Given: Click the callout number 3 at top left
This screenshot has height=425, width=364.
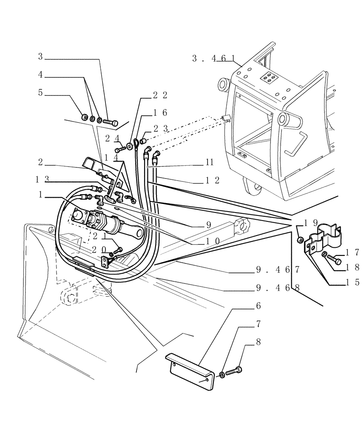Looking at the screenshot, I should click(41, 56).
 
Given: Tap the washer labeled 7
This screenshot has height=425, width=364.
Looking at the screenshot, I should click(222, 374).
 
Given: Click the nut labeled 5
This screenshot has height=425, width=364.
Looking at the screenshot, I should click(84, 116).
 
